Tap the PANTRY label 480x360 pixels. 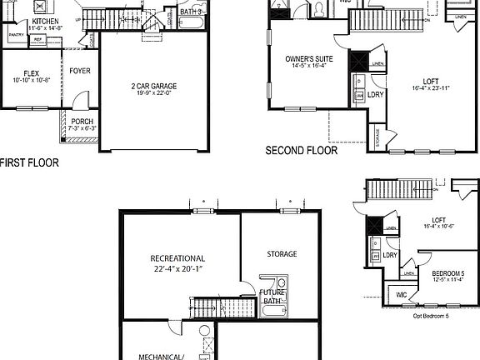pos(15,36)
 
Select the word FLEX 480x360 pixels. pos(32,72)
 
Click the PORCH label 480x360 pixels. pos(82,122)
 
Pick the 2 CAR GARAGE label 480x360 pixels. pos(153,86)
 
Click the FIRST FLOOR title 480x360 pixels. pos(30,162)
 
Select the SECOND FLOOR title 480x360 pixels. pos(301,152)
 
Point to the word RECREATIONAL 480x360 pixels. pos(177,258)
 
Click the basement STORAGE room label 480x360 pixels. pos(282,253)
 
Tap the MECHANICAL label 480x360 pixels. pos(161,356)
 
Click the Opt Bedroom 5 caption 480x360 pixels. pos(431,316)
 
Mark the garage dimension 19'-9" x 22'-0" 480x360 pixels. pos(153,94)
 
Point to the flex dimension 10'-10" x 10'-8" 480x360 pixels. pos(32,80)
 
